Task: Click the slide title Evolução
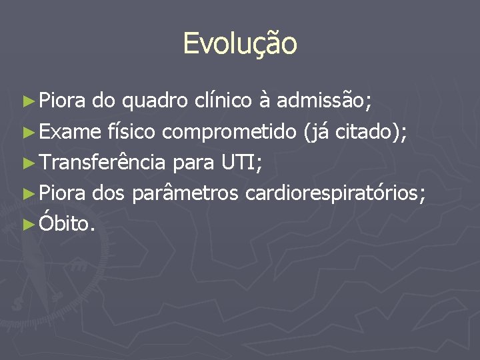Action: pos(240,44)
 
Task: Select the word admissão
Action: pos(324,101)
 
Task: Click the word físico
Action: pos(131,133)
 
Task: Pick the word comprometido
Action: pos(229,133)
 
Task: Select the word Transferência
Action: pos(102,163)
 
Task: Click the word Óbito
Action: pos(67,224)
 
